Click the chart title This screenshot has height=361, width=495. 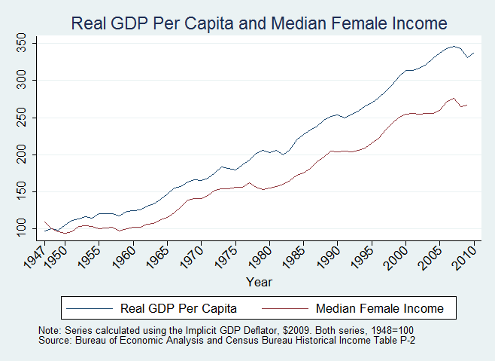click(259, 23)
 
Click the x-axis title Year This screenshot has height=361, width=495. click(259, 281)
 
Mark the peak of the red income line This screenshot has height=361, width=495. click(453, 98)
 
